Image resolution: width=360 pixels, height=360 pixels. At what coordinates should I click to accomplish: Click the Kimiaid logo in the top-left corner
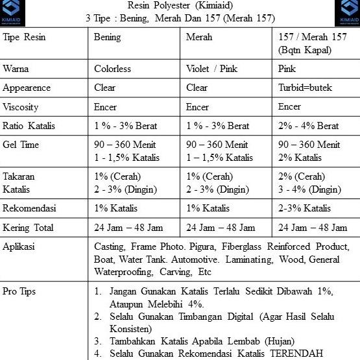point(13,12)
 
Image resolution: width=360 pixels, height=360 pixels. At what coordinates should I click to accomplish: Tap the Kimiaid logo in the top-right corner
point(347,12)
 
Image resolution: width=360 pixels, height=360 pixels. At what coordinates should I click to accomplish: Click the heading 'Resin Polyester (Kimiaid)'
point(179,6)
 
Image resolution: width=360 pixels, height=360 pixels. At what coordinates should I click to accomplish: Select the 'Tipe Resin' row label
point(25,37)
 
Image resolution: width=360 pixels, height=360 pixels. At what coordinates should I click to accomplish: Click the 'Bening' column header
point(107,37)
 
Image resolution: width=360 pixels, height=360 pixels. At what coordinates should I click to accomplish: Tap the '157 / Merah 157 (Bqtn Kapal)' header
point(312,43)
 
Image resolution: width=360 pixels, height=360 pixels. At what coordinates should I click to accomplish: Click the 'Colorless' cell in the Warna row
point(112,69)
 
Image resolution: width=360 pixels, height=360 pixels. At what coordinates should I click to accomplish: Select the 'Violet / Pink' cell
point(212,69)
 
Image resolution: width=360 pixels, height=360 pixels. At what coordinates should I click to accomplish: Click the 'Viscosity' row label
point(20,106)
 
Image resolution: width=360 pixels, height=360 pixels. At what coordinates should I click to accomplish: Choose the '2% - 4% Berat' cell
point(308,125)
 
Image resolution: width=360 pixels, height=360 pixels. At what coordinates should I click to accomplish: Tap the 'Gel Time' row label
point(21,145)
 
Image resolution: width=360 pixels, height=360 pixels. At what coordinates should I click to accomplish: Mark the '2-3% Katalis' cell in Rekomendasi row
point(304,208)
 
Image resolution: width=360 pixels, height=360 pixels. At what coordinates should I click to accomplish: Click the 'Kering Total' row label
point(28,228)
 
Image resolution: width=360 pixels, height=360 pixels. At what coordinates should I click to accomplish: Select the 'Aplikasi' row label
point(19,247)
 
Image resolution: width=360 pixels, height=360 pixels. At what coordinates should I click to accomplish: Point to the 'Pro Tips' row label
point(19,291)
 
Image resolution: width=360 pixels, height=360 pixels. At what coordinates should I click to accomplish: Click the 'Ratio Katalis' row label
point(27,125)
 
